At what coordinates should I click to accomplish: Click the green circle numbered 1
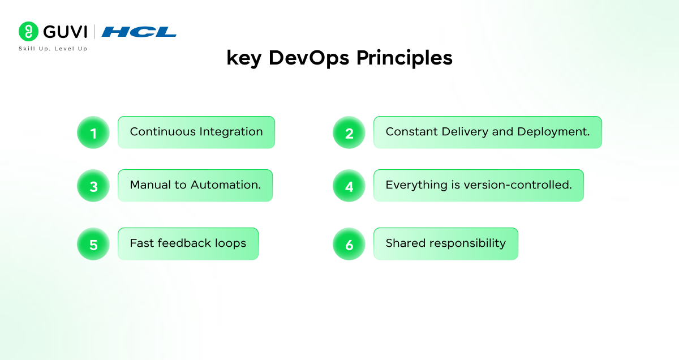(93, 132)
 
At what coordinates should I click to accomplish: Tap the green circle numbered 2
(349, 132)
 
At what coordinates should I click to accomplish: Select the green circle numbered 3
(93, 186)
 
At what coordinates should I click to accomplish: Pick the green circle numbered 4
(349, 186)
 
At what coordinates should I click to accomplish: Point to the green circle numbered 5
(93, 244)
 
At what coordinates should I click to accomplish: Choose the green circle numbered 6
(349, 244)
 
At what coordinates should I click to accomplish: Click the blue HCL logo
(139, 32)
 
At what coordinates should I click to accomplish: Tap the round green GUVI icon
(28, 31)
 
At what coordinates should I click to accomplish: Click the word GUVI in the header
(65, 32)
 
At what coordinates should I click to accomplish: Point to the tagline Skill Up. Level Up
(53, 49)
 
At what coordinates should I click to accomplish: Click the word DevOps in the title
(309, 58)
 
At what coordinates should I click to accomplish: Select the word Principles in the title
(405, 58)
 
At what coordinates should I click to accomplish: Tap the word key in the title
(244, 58)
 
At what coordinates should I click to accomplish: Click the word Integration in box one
(231, 132)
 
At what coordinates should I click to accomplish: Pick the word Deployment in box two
(553, 132)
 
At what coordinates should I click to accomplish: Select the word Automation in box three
(226, 185)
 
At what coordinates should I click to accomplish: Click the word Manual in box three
(150, 185)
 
